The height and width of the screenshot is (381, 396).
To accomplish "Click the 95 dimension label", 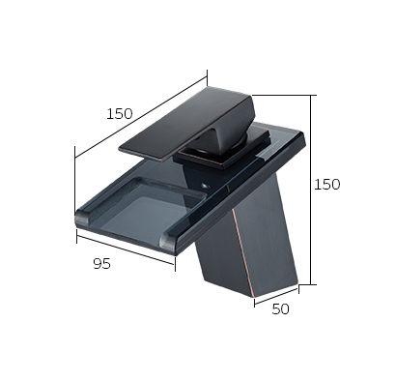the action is click(x=102, y=264).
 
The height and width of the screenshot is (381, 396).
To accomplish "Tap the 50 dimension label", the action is click(x=280, y=309).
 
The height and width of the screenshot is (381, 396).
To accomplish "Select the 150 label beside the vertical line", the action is click(x=326, y=185).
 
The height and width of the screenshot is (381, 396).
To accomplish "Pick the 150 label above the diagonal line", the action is click(x=119, y=113).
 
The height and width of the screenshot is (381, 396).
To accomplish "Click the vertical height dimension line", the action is click(x=311, y=190).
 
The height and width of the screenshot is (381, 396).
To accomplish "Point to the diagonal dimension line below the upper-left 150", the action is click(x=141, y=117).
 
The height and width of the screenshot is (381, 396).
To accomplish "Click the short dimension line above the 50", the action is click(x=276, y=296).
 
